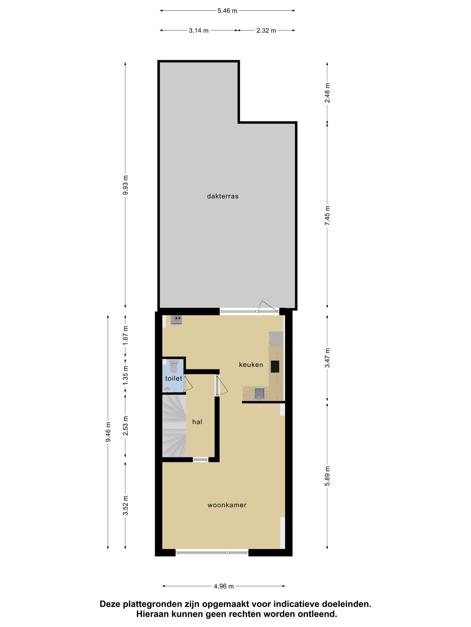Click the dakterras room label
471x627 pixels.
pos(222,196)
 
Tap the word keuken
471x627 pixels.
pos(251,365)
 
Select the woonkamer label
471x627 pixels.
pos(227,505)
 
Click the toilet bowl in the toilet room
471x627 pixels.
pos(173,366)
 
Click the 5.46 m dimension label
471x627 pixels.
pos(227,11)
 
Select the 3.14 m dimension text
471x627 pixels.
pos(198,30)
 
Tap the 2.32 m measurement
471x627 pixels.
pos(266,30)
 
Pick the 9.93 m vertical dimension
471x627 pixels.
pos(125,185)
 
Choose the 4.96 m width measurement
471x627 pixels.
pos(224,586)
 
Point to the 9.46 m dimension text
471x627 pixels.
pos(108,432)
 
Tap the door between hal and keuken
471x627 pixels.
pos(221,385)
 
